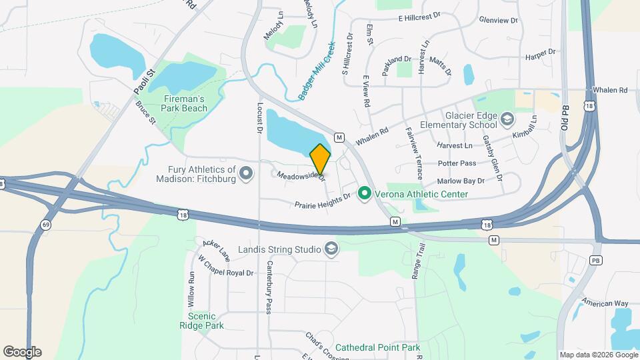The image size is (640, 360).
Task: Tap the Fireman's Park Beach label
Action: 185,103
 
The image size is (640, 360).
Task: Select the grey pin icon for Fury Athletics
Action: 246,174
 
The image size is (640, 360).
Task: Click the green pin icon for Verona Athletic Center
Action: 364,194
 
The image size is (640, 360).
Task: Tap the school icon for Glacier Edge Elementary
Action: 507,120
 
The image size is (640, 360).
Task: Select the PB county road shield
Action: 595,259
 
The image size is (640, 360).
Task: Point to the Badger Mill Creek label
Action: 317,71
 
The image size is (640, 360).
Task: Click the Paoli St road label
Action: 143,82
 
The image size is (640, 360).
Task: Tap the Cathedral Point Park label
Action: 377,347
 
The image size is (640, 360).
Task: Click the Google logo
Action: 22,351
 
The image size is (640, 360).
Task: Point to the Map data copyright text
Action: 598,355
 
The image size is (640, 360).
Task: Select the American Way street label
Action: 604,303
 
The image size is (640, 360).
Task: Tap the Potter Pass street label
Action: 457,163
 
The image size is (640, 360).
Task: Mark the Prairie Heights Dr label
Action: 323,201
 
